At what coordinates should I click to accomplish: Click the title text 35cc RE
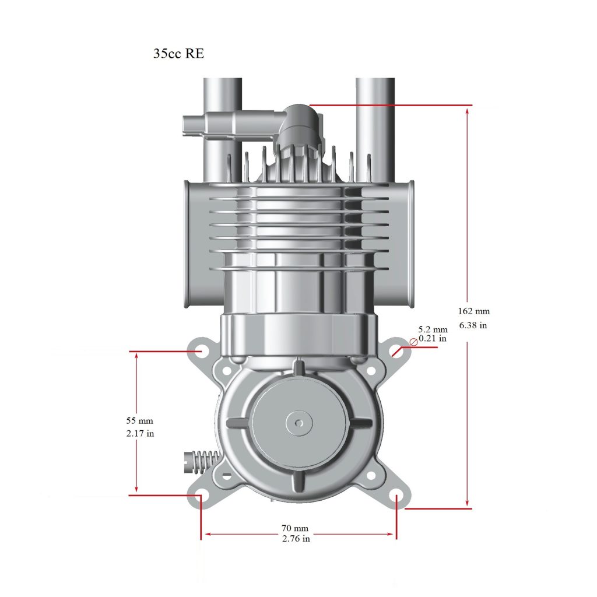(178, 54)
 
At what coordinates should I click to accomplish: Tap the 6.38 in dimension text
(473, 325)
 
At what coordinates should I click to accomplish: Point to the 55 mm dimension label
(139, 420)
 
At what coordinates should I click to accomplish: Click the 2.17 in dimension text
(140, 434)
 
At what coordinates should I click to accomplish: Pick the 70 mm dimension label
(296, 529)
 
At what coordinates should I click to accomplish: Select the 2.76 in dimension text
(296, 539)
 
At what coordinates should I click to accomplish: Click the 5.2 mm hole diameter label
(433, 329)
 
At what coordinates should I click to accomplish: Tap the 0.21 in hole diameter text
(433, 338)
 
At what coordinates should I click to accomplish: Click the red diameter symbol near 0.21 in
(413, 342)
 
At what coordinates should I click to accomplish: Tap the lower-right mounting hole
(396, 497)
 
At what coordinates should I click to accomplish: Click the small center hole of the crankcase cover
(298, 422)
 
